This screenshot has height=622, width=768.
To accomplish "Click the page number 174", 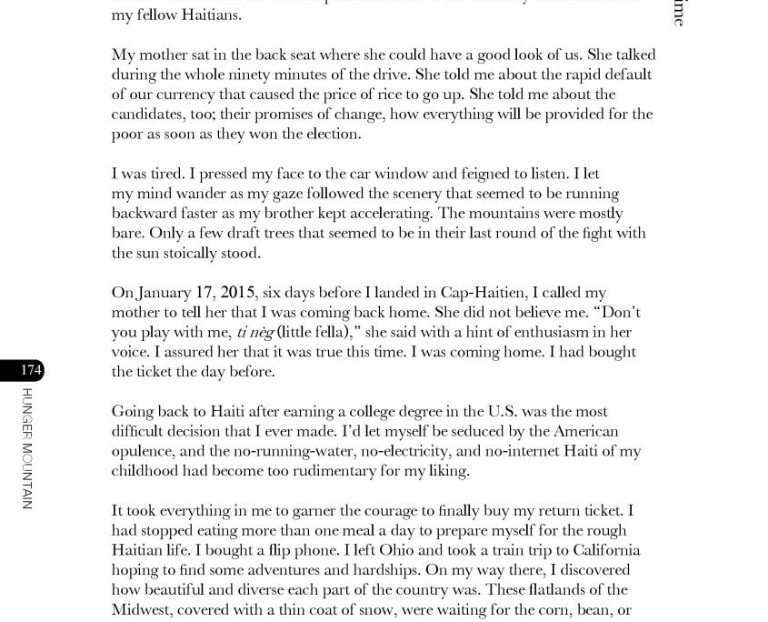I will [31, 370].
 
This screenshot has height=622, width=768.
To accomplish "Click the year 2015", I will [238, 293].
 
